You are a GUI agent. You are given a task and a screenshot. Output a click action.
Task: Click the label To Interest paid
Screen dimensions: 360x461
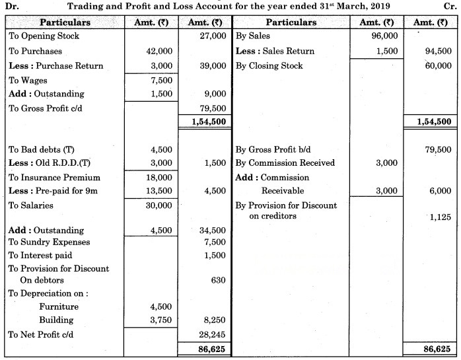pyautogui.click(x=40, y=255)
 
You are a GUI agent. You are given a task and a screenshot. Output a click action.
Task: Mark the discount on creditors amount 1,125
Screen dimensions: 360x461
pyautogui.click(x=440, y=216)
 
